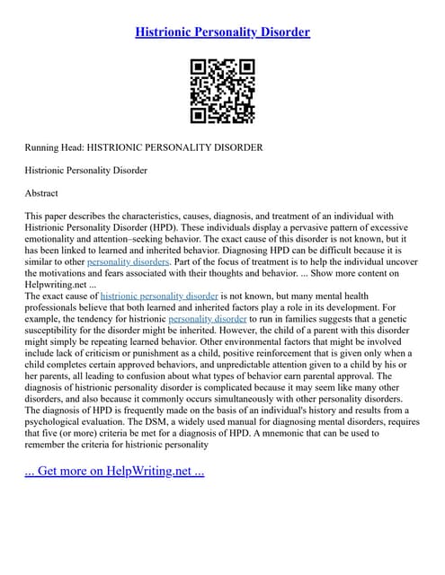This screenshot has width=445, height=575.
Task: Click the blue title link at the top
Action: pyautogui.click(x=222, y=31)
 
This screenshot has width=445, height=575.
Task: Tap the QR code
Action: pyautogui.click(x=222, y=91)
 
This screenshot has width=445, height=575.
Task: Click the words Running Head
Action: pyautogui.click(x=55, y=146)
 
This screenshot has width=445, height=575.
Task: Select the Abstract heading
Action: pyautogui.click(x=41, y=192)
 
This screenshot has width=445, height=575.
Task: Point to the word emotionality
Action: pyautogui.click(x=54, y=240)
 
